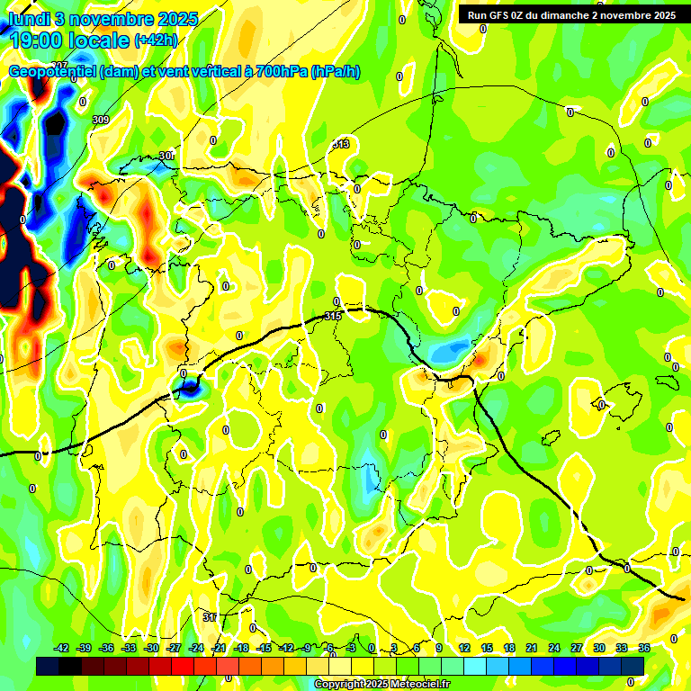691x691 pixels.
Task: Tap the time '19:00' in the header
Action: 37,40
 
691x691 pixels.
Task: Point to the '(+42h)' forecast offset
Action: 156,40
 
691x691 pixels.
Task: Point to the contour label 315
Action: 333,316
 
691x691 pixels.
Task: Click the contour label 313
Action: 341,144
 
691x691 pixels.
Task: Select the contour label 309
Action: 100,120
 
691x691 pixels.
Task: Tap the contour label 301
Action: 166,156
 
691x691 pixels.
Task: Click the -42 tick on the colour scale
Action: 62,648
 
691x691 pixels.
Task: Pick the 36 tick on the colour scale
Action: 644,648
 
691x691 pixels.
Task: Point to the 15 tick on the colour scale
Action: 487,648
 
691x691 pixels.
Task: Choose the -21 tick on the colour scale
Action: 219,648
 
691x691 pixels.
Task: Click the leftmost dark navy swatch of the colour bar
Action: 48,666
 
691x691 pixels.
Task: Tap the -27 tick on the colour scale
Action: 174,648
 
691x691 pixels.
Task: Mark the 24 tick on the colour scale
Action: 554,648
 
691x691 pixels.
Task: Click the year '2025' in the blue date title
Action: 179,19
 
